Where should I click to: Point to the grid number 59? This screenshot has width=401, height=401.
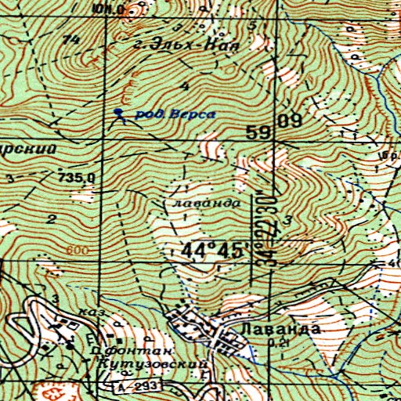click(x=258, y=134)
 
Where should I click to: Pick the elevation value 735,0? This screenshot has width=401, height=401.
click(x=76, y=178)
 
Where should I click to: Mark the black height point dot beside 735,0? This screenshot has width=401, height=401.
click(x=60, y=169)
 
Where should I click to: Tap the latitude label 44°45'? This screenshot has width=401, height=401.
click(x=213, y=251)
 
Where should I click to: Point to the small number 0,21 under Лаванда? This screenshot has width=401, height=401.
click(x=275, y=343)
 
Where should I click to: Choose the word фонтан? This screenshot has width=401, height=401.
click(x=115, y=352)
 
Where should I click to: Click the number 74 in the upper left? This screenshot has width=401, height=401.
click(x=74, y=40)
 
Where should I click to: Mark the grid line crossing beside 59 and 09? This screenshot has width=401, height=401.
click(x=272, y=143)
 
